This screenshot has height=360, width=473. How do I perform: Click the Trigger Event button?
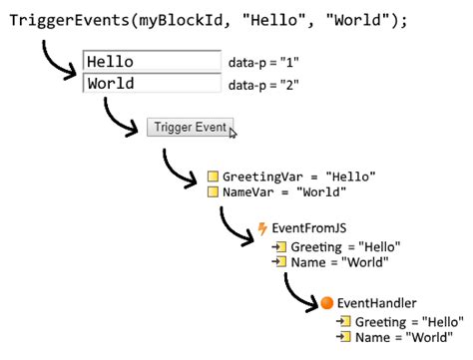(x=190, y=127)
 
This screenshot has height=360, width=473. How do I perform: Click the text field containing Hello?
(x=151, y=62)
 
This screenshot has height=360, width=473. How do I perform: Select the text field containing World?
(x=151, y=84)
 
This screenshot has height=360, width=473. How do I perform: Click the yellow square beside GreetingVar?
(x=213, y=176)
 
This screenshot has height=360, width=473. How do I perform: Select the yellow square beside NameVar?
(x=213, y=191)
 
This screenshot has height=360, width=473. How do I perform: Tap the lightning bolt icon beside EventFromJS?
(x=262, y=228)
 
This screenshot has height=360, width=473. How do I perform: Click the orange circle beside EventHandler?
(x=326, y=301)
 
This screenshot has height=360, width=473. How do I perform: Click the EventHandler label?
(x=376, y=301)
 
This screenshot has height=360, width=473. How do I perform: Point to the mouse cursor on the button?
(x=234, y=131)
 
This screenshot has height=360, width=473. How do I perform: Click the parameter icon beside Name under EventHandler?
(x=343, y=337)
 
